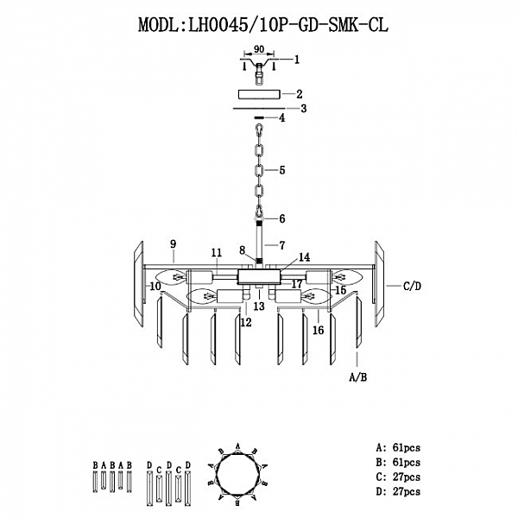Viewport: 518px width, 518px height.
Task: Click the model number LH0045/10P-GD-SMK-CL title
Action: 263,26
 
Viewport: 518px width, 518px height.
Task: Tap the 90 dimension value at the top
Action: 259,52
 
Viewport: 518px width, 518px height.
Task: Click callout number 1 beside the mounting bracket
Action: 296,60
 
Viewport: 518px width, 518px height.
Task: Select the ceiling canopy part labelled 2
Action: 258,94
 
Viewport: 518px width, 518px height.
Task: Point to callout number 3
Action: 303,109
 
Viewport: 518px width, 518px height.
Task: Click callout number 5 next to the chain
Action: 281,172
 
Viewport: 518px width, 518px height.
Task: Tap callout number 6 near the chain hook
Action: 281,219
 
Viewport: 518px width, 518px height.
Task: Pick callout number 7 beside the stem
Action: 281,246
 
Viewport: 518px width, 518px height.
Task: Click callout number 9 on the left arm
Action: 173,244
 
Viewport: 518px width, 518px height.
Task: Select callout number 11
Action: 216,252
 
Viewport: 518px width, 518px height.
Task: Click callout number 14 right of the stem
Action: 304,256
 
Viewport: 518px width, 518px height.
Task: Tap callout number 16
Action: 318,330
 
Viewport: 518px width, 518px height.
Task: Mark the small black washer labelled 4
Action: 258,118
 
